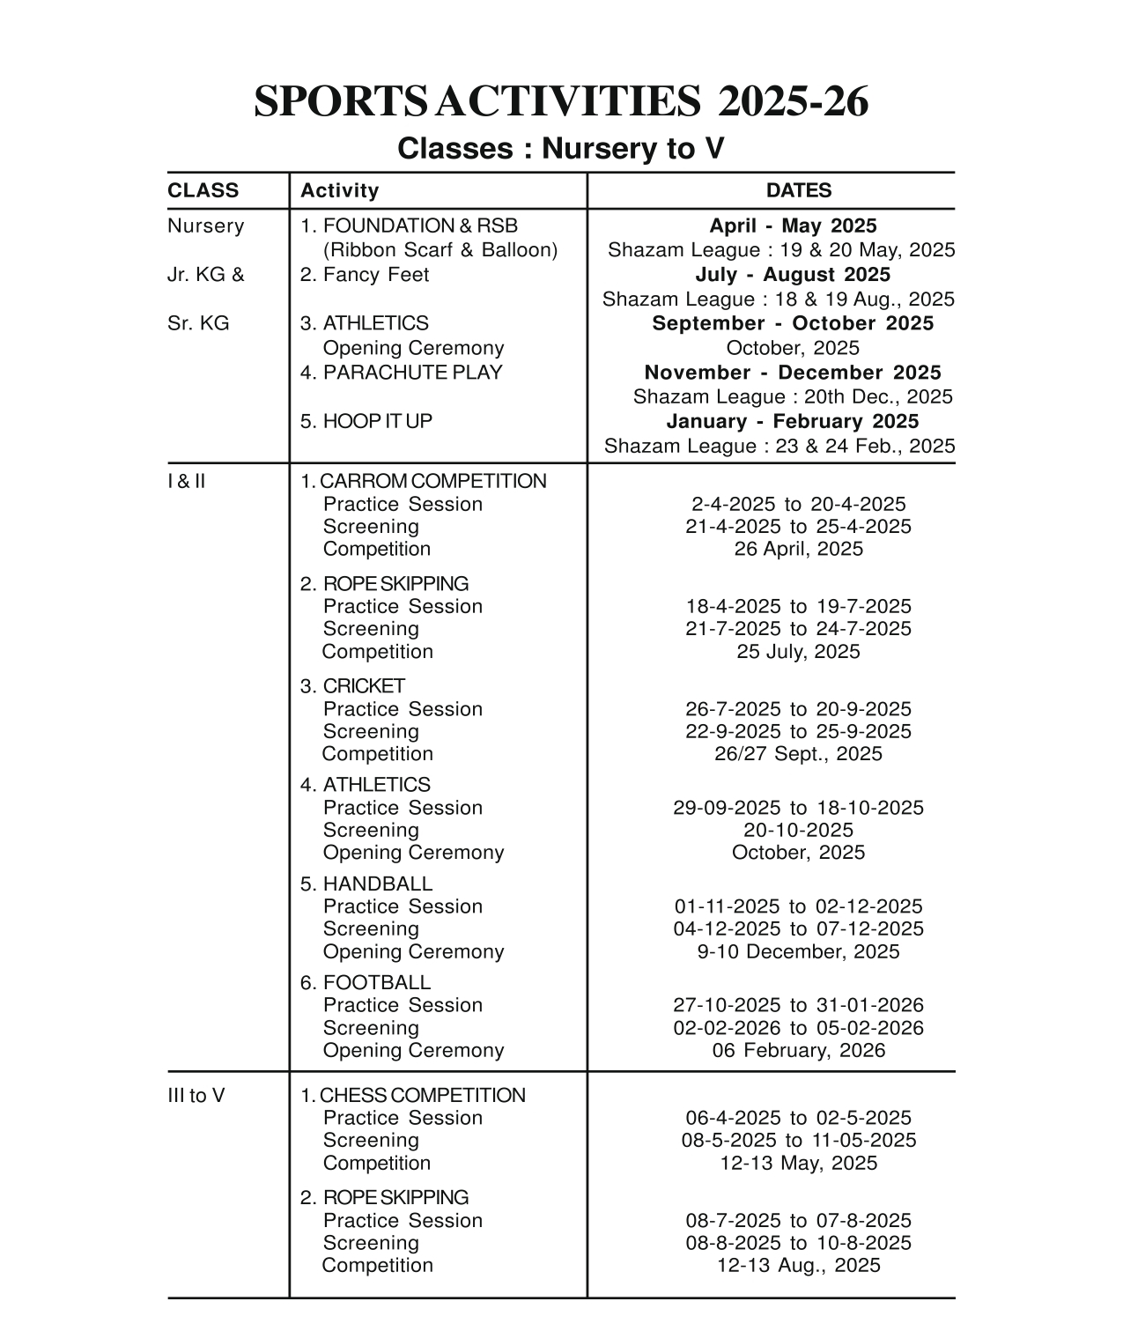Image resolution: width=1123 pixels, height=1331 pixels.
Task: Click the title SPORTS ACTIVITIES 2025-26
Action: click(x=561, y=102)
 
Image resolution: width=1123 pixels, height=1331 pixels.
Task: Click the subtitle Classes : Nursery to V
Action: click(x=560, y=148)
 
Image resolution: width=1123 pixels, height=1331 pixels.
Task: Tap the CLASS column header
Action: click(x=203, y=190)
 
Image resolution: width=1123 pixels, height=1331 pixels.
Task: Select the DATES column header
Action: click(x=798, y=190)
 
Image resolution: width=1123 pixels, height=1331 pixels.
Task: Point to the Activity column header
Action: click(x=339, y=190)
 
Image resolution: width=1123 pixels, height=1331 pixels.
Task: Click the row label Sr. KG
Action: click(x=198, y=323)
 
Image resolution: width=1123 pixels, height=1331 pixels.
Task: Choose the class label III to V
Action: click(x=196, y=1096)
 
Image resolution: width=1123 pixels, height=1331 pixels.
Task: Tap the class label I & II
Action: click(x=186, y=481)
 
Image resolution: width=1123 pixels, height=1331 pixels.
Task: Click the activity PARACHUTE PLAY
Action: click(x=401, y=373)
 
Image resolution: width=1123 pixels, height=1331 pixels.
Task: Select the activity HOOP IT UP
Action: click(x=366, y=421)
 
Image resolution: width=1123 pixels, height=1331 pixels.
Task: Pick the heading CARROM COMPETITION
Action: click(x=423, y=481)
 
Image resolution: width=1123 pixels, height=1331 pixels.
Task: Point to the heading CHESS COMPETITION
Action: click(x=412, y=1096)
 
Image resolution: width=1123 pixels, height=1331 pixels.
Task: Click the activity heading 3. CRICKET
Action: click(x=352, y=686)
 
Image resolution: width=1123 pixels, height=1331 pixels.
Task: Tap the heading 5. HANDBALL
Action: click(x=366, y=884)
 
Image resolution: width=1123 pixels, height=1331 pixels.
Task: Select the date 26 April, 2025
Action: click(x=798, y=549)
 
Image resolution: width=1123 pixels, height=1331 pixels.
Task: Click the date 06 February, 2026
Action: click(x=798, y=1050)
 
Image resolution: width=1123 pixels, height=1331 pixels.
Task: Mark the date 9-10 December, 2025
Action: click(x=798, y=951)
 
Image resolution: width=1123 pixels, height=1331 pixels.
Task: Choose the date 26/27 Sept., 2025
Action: click(x=798, y=754)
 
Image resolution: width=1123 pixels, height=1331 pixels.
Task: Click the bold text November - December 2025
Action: click(x=792, y=373)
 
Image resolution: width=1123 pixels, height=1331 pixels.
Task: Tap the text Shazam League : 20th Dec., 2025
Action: click(x=792, y=397)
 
